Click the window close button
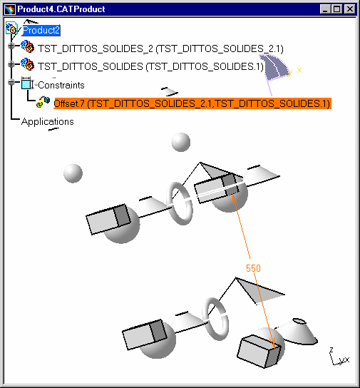(350, 9)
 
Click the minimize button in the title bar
(325, 9)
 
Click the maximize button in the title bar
(336, 9)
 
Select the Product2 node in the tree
(41, 30)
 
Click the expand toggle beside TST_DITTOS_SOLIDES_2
(11, 46)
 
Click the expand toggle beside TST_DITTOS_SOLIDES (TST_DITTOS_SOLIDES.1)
(11, 64)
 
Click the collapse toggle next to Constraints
(11, 82)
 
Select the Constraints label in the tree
(61, 85)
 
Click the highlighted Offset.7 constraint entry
(192, 103)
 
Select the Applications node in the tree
(48, 121)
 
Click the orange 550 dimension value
(253, 268)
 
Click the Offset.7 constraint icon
(43, 101)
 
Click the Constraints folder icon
(27, 83)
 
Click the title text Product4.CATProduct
(61, 9)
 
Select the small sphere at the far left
(73, 173)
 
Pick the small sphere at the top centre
(181, 142)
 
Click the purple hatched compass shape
(274, 67)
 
